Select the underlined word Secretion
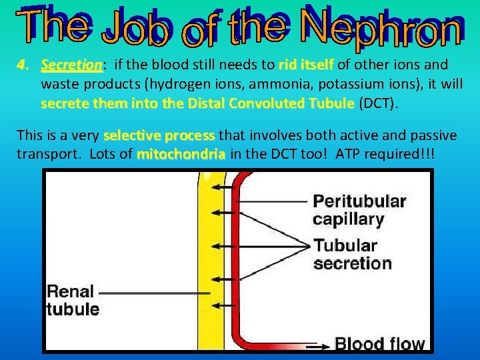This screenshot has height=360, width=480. point(71,65)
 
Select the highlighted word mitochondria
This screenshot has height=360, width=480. point(181,154)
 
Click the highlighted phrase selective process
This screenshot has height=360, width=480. point(159,135)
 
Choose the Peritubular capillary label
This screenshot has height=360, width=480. point(359,209)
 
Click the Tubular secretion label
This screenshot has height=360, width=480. point(353,253)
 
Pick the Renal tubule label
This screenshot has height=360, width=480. point(72,300)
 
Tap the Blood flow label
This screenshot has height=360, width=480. point(379,344)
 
